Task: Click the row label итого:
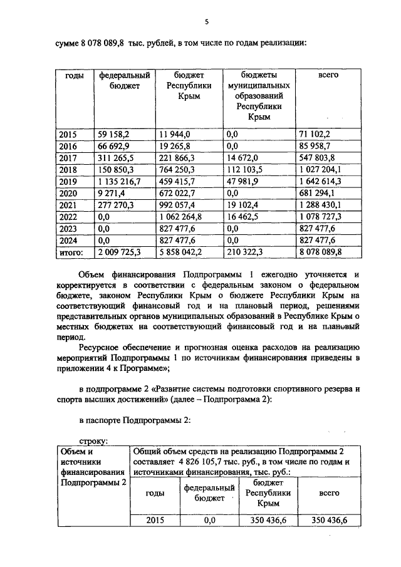[x=70, y=251]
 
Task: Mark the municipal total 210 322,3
[x=246, y=251]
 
